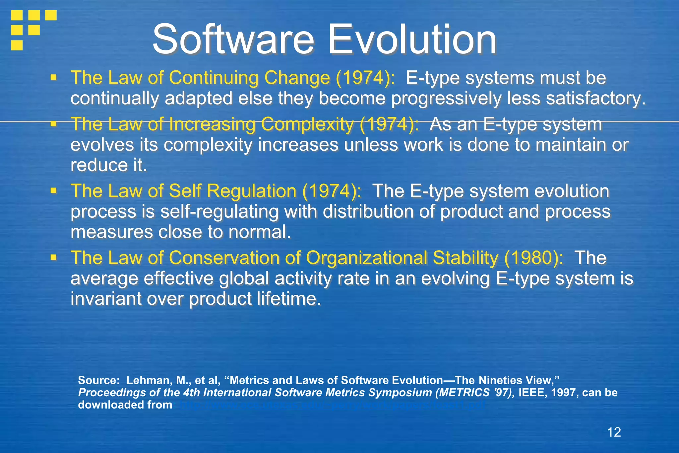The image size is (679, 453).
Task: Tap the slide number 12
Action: [x=614, y=432]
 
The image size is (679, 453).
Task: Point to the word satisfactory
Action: [x=595, y=99]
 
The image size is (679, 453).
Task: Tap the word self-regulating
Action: [x=219, y=212]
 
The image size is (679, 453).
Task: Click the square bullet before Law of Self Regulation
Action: [x=53, y=191]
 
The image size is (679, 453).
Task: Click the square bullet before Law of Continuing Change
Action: [x=53, y=78]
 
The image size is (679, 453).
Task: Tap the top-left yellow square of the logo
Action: [x=17, y=15]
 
